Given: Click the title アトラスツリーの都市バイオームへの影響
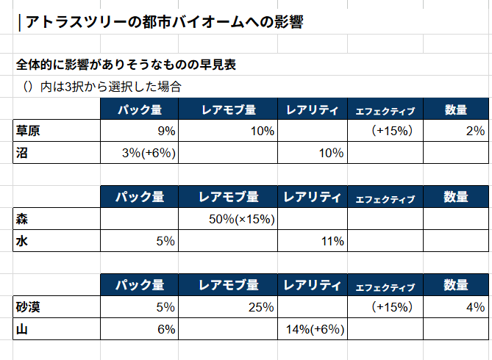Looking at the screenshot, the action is [165, 22].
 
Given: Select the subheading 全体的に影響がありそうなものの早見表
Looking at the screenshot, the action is [126, 65].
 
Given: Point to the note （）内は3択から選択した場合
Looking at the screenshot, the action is [102, 87].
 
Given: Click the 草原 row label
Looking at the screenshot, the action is [28, 131].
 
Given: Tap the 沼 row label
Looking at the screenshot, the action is [21, 153].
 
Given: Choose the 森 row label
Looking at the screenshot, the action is [21, 219].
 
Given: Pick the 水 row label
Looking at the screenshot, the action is [21, 241].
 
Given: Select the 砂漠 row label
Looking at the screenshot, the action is [28, 307].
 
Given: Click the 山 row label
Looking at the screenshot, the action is [21, 329].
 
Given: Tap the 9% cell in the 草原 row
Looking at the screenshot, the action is [166, 131].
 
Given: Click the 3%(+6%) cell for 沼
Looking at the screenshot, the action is [149, 153].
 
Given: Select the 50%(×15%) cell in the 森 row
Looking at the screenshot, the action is [242, 219].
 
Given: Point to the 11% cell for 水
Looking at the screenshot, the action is [332, 241].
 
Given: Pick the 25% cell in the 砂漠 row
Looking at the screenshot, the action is [261, 307].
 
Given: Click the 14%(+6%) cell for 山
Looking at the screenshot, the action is [315, 329].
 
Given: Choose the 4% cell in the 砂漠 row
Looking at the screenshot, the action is [475, 307].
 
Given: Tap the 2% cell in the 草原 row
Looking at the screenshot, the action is [475, 131].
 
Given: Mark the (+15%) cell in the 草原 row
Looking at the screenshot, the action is [392, 131].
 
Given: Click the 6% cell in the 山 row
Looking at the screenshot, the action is [166, 329].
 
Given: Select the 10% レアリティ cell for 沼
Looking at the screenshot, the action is [331, 153].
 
